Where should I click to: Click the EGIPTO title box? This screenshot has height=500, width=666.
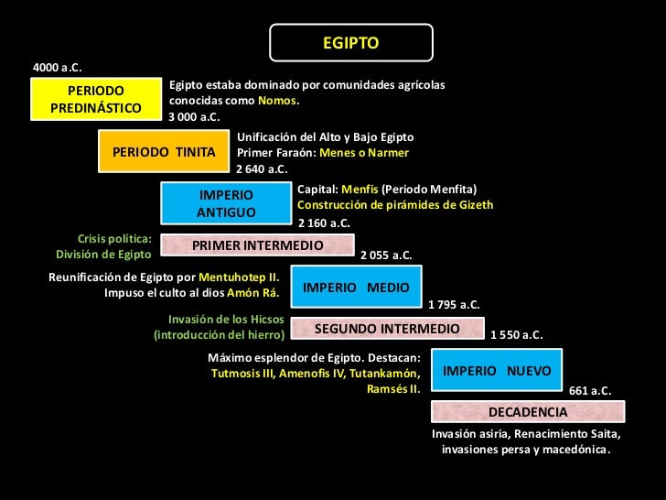350,43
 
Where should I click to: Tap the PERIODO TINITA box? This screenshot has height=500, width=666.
164,151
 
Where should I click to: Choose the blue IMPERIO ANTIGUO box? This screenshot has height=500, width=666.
226,203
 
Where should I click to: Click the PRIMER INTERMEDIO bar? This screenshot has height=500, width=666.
257,245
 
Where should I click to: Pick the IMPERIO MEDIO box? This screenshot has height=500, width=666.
356,287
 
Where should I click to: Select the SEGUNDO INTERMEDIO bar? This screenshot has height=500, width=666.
386,328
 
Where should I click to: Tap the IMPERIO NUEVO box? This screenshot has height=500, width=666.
497,371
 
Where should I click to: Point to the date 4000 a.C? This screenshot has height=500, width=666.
57,68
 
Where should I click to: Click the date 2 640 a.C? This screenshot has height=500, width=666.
262,168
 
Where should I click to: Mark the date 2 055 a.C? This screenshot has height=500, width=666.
386,255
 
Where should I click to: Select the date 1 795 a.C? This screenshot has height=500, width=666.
454,304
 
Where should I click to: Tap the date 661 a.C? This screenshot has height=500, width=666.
590,391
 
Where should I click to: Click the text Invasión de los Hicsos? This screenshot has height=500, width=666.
226,319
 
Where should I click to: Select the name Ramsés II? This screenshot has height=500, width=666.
392,388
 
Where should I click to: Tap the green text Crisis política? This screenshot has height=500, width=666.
114,238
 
